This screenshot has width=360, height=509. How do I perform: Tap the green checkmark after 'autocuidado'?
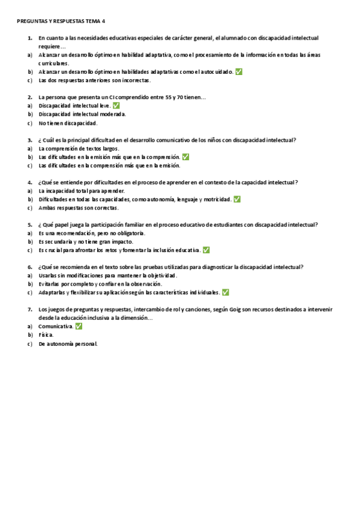click(x=239, y=71)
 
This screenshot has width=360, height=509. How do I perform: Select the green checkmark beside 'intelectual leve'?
click(x=116, y=106)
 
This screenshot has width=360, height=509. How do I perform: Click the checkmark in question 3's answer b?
click(x=185, y=157)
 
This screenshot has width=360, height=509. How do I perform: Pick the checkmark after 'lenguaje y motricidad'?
click(x=237, y=199)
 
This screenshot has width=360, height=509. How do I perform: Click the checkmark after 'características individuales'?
click(x=225, y=292)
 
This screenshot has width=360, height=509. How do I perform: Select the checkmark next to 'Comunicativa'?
click(x=79, y=326)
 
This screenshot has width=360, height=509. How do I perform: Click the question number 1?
click(x=29, y=37)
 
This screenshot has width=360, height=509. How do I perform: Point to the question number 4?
click(x=29, y=182)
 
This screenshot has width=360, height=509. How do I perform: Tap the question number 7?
click(x=29, y=309)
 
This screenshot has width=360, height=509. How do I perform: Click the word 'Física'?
click(x=46, y=335)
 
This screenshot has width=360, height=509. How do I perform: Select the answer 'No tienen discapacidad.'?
click(x=68, y=123)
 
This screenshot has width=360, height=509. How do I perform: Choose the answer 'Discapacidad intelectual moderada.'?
click(x=82, y=114)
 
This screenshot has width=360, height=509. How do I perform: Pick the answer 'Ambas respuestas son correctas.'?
click(x=79, y=208)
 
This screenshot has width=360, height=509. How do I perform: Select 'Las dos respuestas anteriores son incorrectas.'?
click(x=95, y=80)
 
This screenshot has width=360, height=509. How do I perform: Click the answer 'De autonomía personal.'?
click(x=68, y=344)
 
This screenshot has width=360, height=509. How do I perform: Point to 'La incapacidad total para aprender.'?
click(x=82, y=191)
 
